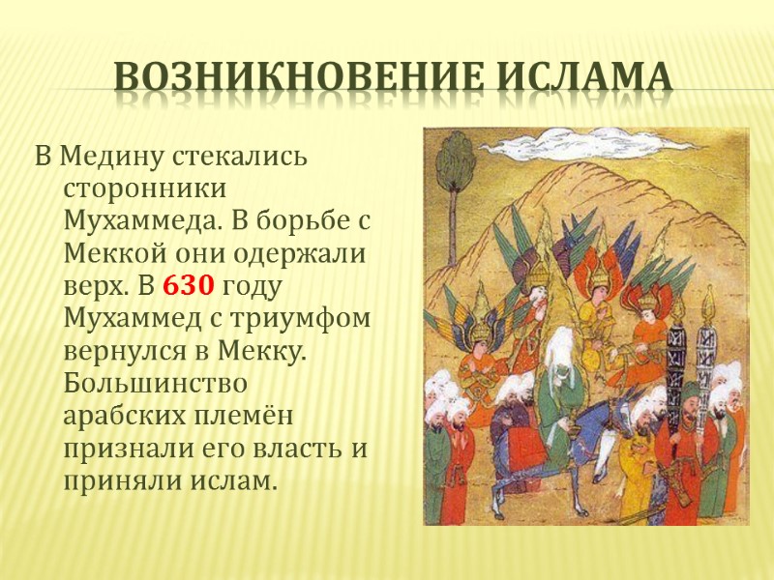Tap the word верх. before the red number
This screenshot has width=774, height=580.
94,286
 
